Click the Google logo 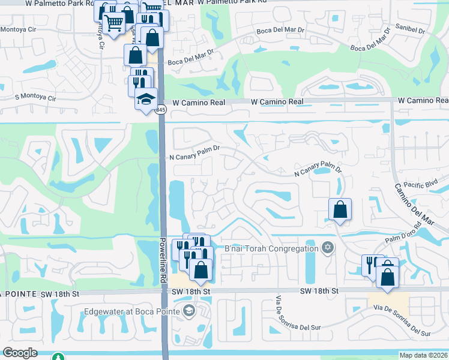(19, 353)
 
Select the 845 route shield (160, 110)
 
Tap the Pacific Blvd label (422, 185)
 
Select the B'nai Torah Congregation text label (271, 248)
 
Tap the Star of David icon (327, 247)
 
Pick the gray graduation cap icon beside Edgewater (189, 310)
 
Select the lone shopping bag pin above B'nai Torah (340, 209)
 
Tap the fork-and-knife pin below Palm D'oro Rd (372, 265)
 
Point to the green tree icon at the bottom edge (58, 357)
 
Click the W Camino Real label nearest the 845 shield (199, 103)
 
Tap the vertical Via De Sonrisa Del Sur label (279, 313)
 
